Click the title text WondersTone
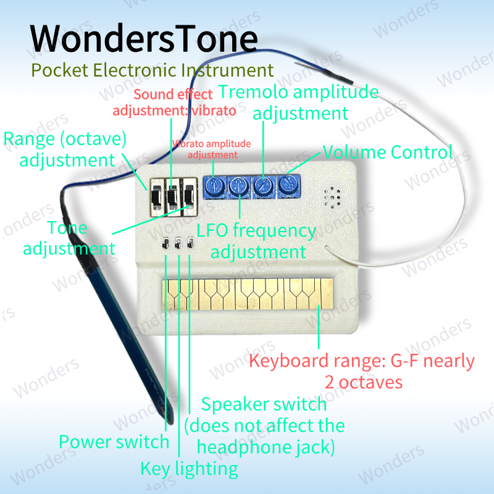point(144,38)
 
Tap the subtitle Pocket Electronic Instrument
point(152,70)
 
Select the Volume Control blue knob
point(288,186)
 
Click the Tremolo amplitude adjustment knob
point(264,186)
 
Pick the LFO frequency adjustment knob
point(239,186)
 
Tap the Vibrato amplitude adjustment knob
point(214,186)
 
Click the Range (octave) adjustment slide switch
point(157,198)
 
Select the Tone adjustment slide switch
point(190,196)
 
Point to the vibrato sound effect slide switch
point(173,197)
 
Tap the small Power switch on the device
point(165,243)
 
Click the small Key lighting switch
point(178,243)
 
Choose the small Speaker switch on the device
point(190,243)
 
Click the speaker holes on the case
point(332,198)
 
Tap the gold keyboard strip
point(248,294)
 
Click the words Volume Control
point(388,152)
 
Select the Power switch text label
point(114,442)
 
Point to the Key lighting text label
point(189,469)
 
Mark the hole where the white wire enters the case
point(327,248)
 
